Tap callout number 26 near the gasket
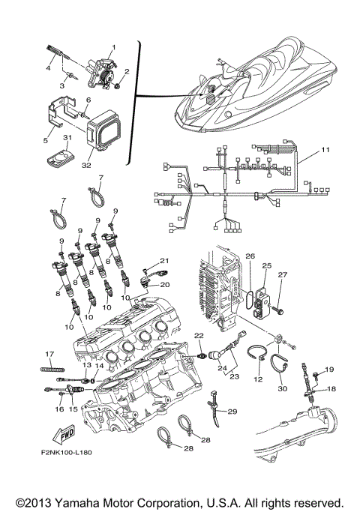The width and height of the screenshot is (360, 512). pyautogui.click(x=250, y=256)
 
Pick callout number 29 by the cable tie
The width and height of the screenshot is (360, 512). pyautogui.click(x=232, y=412)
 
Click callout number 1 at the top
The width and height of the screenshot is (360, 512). pyautogui.click(x=113, y=47)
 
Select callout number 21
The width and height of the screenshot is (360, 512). pyautogui.click(x=164, y=259)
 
